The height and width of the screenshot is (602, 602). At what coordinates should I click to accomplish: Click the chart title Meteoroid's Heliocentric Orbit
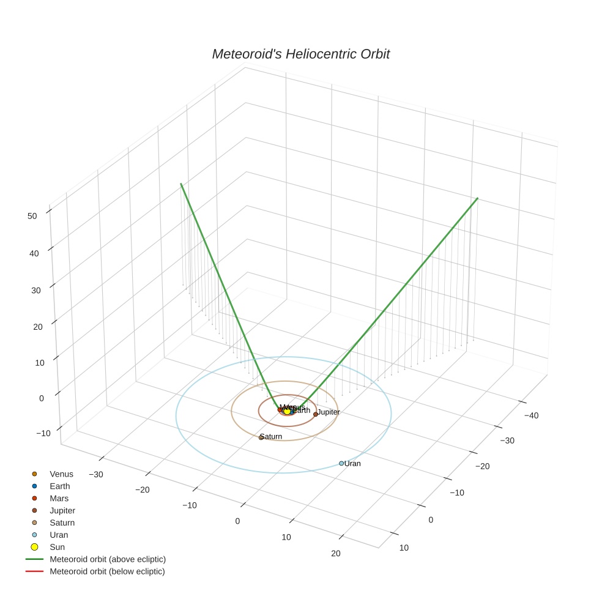coord(300,54)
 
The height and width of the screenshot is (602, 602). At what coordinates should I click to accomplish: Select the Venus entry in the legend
coord(61,474)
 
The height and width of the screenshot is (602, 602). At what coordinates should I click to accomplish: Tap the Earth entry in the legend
coord(60,486)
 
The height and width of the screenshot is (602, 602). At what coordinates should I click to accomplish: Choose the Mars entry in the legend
coord(59,499)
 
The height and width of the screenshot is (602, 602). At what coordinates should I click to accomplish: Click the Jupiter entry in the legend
coord(62,511)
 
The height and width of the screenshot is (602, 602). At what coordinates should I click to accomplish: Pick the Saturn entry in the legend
coord(62,523)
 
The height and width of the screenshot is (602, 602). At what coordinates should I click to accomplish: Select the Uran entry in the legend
coord(59,535)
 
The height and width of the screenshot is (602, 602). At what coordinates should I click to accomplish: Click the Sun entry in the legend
coord(57,547)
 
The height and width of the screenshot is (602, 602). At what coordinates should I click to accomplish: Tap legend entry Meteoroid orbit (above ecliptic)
coord(108,559)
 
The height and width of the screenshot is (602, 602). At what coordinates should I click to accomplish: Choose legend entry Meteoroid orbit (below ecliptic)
coord(107,571)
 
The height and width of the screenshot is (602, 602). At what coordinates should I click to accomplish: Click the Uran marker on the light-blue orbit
coord(341,463)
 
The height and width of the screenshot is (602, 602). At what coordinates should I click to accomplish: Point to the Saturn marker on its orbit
coord(261,437)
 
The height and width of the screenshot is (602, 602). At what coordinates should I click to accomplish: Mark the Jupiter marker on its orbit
coord(316,414)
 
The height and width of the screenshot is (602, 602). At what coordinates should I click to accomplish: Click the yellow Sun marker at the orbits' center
coord(287,411)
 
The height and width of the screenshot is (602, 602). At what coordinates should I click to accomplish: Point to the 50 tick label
coord(32,215)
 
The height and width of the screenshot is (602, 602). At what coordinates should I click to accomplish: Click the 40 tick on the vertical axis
coord(34,253)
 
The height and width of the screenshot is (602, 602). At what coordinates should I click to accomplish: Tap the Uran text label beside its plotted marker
coord(353,464)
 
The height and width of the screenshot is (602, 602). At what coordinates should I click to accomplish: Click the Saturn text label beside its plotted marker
coord(272,436)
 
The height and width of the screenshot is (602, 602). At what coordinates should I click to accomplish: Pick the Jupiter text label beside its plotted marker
coord(329,412)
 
